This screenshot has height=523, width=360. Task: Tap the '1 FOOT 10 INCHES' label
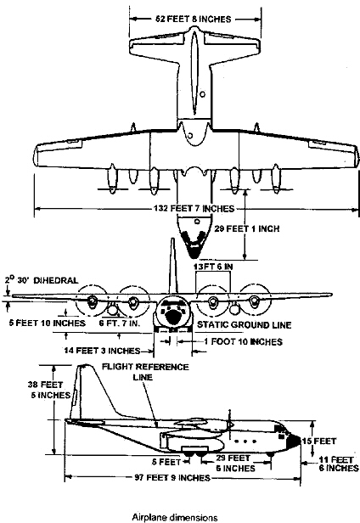click(x=219, y=341)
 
